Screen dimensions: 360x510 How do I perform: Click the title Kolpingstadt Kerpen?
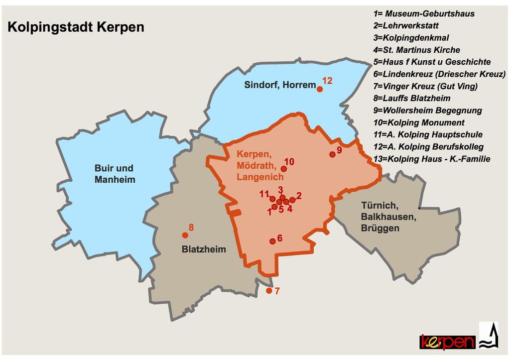click(x=76, y=27)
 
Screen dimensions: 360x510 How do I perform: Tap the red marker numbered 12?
click(x=320, y=89)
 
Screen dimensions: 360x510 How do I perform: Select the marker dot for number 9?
click(x=332, y=154)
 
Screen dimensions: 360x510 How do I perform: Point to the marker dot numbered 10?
click(x=284, y=169)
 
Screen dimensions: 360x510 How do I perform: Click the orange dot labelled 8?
click(x=185, y=235)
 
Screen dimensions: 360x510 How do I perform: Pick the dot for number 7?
click(x=269, y=291)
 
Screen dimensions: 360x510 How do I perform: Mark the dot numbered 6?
click(x=272, y=241)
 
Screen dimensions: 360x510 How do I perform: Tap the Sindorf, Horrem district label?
click(x=280, y=85)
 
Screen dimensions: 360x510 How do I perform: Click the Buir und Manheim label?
click(x=115, y=174)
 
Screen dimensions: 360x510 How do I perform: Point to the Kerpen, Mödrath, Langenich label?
click(x=260, y=165)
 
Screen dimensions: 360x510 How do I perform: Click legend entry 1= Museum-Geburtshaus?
click(x=424, y=14)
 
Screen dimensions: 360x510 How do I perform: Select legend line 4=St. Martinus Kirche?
click(x=416, y=50)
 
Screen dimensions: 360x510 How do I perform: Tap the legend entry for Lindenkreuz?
click(x=439, y=74)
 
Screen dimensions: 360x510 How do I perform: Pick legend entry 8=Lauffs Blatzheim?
click(x=411, y=98)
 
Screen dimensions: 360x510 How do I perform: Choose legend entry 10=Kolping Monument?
click(x=418, y=122)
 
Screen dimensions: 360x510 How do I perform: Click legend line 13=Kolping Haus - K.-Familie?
click(x=431, y=159)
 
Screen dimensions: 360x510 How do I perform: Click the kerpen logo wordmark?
click(x=447, y=342)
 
